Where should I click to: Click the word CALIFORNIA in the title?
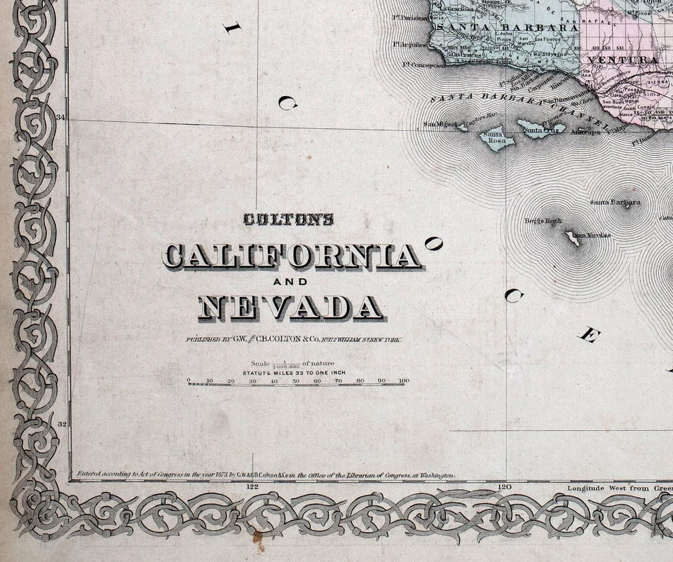tap(292, 256)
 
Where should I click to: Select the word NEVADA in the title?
tap(291, 308)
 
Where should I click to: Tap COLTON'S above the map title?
tap(288, 220)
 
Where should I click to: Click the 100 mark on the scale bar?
tap(403, 381)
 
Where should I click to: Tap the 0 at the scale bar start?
tap(189, 381)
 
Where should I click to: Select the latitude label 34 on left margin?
tap(61, 118)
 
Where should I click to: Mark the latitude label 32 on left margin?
tap(61, 424)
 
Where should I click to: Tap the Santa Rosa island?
tap(498, 139)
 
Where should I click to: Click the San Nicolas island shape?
tap(573, 238)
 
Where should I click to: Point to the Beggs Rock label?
tap(543, 221)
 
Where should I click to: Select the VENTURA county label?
tap(623, 60)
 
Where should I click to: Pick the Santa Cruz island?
tap(540, 128)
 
